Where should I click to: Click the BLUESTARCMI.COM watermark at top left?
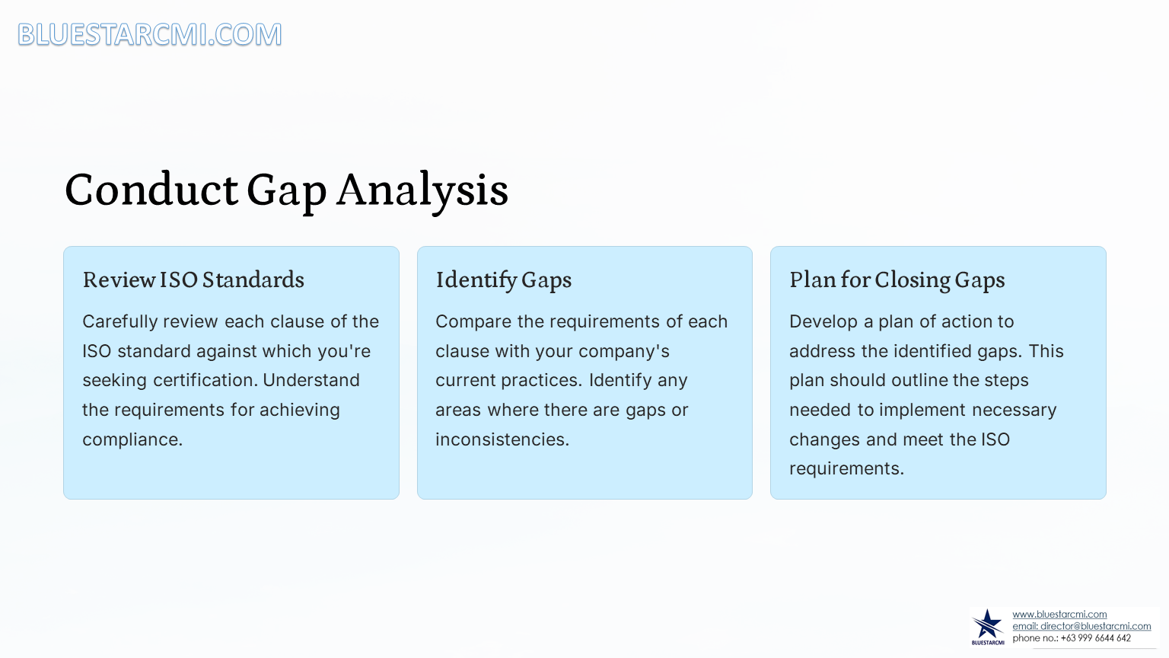[x=150, y=34]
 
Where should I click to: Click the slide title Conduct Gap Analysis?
[x=286, y=190]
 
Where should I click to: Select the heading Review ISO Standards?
[x=193, y=279]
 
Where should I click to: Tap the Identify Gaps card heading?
[x=504, y=280]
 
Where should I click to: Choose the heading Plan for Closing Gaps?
[x=897, y=280]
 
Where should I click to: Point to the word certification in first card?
[x=205, y=380]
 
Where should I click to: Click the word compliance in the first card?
[x=132, y=439]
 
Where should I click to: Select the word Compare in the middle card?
[x=473, y=321]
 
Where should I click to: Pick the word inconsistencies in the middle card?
[x=502, y=439]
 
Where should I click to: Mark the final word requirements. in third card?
[x=846, y=469]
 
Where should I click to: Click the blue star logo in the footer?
[x=987, y=626]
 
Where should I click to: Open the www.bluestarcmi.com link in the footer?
[x=1059, y=614]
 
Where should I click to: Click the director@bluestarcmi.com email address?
[x=1095, y=626]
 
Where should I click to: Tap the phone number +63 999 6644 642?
[x=1095, y=638]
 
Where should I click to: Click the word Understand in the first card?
[x=311, y=380]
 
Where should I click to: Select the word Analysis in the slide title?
[x=422, y=190]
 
